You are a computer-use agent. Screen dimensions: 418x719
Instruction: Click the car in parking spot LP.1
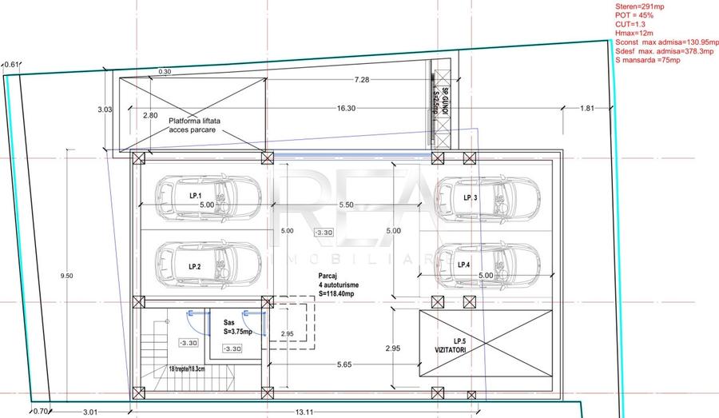[x=206, y=195]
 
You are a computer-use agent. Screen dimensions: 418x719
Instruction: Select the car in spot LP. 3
[x=489, y=196]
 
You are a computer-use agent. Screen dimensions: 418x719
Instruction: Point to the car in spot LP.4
[x=489, y=264]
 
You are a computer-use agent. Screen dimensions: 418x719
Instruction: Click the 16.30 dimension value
[x=346, y=108]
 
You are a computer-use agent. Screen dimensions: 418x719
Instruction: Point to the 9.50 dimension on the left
[x=67, y=276]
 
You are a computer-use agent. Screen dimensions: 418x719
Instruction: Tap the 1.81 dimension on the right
[x=586, y=108]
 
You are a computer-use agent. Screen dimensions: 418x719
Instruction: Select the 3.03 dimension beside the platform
[x=105, y=109]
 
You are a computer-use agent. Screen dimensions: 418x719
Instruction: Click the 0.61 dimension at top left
[x=12, y=65]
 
